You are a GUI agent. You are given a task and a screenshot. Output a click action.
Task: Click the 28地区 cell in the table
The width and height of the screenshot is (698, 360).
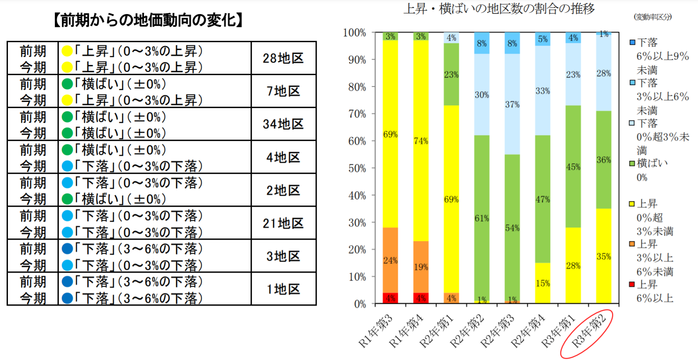(x=283, y=58)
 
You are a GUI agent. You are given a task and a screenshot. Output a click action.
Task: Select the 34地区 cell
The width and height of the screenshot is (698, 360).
(x=283, y=124)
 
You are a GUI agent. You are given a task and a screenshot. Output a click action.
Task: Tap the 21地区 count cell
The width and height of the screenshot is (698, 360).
(x=283, y=223)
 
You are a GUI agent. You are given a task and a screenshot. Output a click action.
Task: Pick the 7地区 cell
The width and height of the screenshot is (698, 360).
(x=283, y=91)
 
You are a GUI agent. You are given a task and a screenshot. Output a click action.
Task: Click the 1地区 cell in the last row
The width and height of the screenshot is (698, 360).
(x=283, y=289)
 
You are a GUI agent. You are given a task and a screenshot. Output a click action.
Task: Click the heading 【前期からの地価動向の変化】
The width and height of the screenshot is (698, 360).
(x=148, y=20)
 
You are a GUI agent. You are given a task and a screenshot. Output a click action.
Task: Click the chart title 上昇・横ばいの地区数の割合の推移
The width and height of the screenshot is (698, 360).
(x=499, y=9)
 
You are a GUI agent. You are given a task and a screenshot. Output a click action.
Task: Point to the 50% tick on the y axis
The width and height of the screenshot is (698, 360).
(x=357, y=169)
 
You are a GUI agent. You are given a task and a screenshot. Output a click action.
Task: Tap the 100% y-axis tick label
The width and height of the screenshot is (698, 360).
(x=354, y=33)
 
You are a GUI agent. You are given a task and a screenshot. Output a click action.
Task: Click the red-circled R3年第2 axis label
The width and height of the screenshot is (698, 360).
(x=588, y=334)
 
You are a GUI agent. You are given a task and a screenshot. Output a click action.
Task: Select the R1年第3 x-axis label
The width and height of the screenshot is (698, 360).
(x=376, y=331)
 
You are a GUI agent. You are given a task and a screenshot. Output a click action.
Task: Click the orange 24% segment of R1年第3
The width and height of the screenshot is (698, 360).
(x=390, y=260)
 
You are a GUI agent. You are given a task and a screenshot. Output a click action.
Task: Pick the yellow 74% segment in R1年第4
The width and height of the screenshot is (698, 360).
(x=421, y=141)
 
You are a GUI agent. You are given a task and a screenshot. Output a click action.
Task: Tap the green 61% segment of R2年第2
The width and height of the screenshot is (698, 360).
(x=482, y=218)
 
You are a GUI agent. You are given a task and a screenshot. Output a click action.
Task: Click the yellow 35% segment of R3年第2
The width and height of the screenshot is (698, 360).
(x=604, y=256)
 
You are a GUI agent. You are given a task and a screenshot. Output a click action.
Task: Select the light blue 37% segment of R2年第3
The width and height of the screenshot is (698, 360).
(x=512, y=104)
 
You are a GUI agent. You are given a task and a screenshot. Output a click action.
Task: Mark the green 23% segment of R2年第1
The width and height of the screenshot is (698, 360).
(x=451, y=75)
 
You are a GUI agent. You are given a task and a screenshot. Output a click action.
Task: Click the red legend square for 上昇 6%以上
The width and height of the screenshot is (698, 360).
(x=632, y=284)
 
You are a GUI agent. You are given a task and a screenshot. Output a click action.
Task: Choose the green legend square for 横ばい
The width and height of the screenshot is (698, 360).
(x=632, y=164)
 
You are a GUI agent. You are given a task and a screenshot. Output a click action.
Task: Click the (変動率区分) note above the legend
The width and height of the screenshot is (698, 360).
(x=652, y=17)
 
